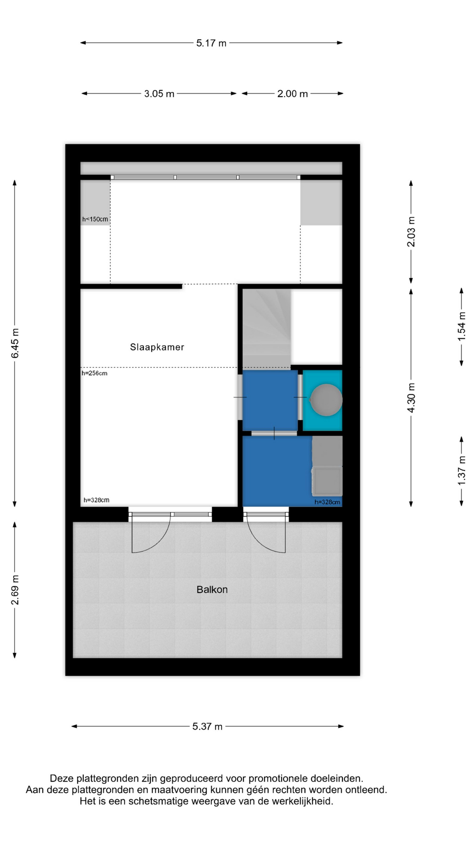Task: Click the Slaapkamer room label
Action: [x=157, y=347]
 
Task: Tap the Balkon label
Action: [x=212, y=590]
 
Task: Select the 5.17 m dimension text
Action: [x=211, y=43]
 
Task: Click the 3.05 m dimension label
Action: [x=159, y=94]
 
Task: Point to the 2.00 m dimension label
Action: [x=293, y=94]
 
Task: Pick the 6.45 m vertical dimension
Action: [x=15, y=344]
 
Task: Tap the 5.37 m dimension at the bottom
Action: [x=207, y=727]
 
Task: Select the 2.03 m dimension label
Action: [x=411, y=232]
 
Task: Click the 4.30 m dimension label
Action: [x=411, y=398]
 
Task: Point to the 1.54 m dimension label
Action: [x=461, y=327]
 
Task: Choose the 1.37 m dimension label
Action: [x=461, y=471]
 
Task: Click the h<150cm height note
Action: [x=95, y=219]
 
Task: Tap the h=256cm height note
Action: [x=94, y=373]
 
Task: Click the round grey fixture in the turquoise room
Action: [x=326, y=400]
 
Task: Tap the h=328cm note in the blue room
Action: [x=327, y=502]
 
